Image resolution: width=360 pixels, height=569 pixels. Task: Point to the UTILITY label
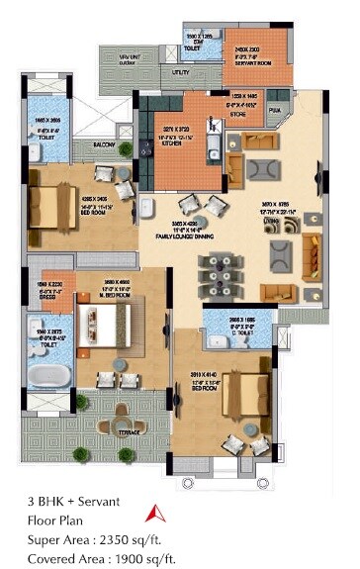[180, 72]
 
